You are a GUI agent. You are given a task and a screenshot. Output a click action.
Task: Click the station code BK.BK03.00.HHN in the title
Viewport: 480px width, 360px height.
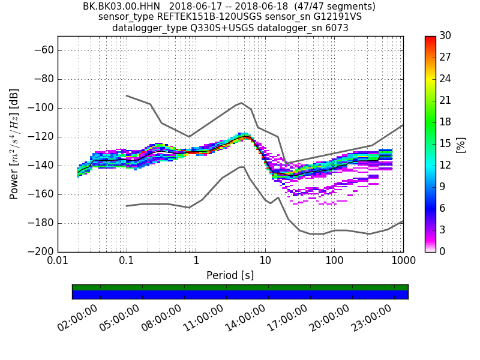tap(122, 7)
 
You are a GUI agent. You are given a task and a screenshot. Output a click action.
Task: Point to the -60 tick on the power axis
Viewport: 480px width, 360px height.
tap(46, 50)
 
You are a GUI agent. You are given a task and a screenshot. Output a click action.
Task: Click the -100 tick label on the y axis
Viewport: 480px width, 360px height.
tap(43, 108)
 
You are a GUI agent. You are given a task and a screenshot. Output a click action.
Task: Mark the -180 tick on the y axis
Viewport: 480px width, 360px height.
tap(43, 223)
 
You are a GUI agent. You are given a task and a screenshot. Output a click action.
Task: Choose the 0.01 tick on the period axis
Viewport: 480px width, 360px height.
tap(58, 262)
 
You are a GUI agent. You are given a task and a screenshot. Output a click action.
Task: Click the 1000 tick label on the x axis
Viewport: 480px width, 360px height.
tap(403, 262)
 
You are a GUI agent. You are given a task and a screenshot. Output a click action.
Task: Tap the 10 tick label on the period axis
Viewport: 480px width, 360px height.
tap(265, 262)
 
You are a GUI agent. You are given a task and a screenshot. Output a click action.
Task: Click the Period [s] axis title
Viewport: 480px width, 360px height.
tap(230, 275)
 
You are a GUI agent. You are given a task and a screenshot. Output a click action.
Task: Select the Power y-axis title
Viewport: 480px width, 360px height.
tap(14, 144)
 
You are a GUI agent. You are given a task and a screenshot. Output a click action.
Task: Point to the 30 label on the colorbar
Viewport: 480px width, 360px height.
tap(446, 36)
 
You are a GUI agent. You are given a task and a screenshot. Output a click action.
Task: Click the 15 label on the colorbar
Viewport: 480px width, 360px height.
tap(446, 143)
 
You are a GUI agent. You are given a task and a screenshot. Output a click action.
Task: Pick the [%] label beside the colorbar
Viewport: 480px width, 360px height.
tap(461, 144)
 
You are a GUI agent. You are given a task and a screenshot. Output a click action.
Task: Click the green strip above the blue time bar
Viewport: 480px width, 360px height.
tap(240, 287)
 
